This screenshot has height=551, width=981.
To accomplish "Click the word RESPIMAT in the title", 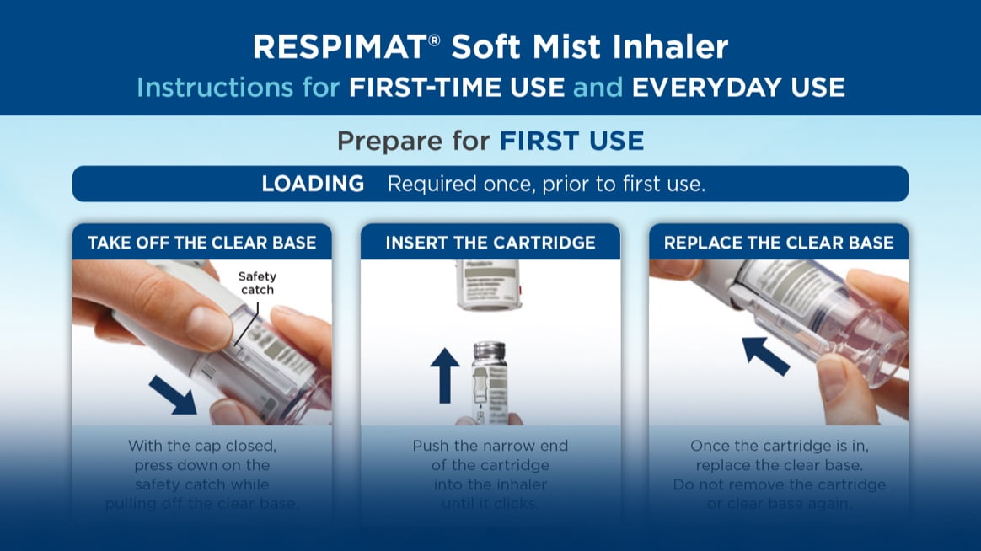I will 340,47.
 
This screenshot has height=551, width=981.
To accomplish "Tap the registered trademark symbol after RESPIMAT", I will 435,39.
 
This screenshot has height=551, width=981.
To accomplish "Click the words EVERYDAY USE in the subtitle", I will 737,87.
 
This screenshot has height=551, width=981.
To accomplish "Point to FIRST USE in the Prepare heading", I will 571,141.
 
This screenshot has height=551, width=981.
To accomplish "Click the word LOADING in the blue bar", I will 313,184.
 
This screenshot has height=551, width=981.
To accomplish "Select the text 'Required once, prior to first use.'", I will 546,184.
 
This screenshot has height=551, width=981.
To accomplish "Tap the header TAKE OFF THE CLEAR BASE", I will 202,243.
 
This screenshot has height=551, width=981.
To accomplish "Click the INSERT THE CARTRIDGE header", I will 490,243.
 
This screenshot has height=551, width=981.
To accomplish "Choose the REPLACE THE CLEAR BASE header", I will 779,243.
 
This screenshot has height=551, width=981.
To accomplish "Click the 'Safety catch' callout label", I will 256,283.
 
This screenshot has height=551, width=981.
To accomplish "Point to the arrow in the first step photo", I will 173,394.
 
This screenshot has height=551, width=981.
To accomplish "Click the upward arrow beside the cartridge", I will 445,375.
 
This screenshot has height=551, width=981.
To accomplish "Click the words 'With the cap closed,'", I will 201,446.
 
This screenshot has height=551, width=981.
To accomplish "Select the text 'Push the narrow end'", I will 490,446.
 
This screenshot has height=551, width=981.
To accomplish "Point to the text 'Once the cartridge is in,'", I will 779,446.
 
